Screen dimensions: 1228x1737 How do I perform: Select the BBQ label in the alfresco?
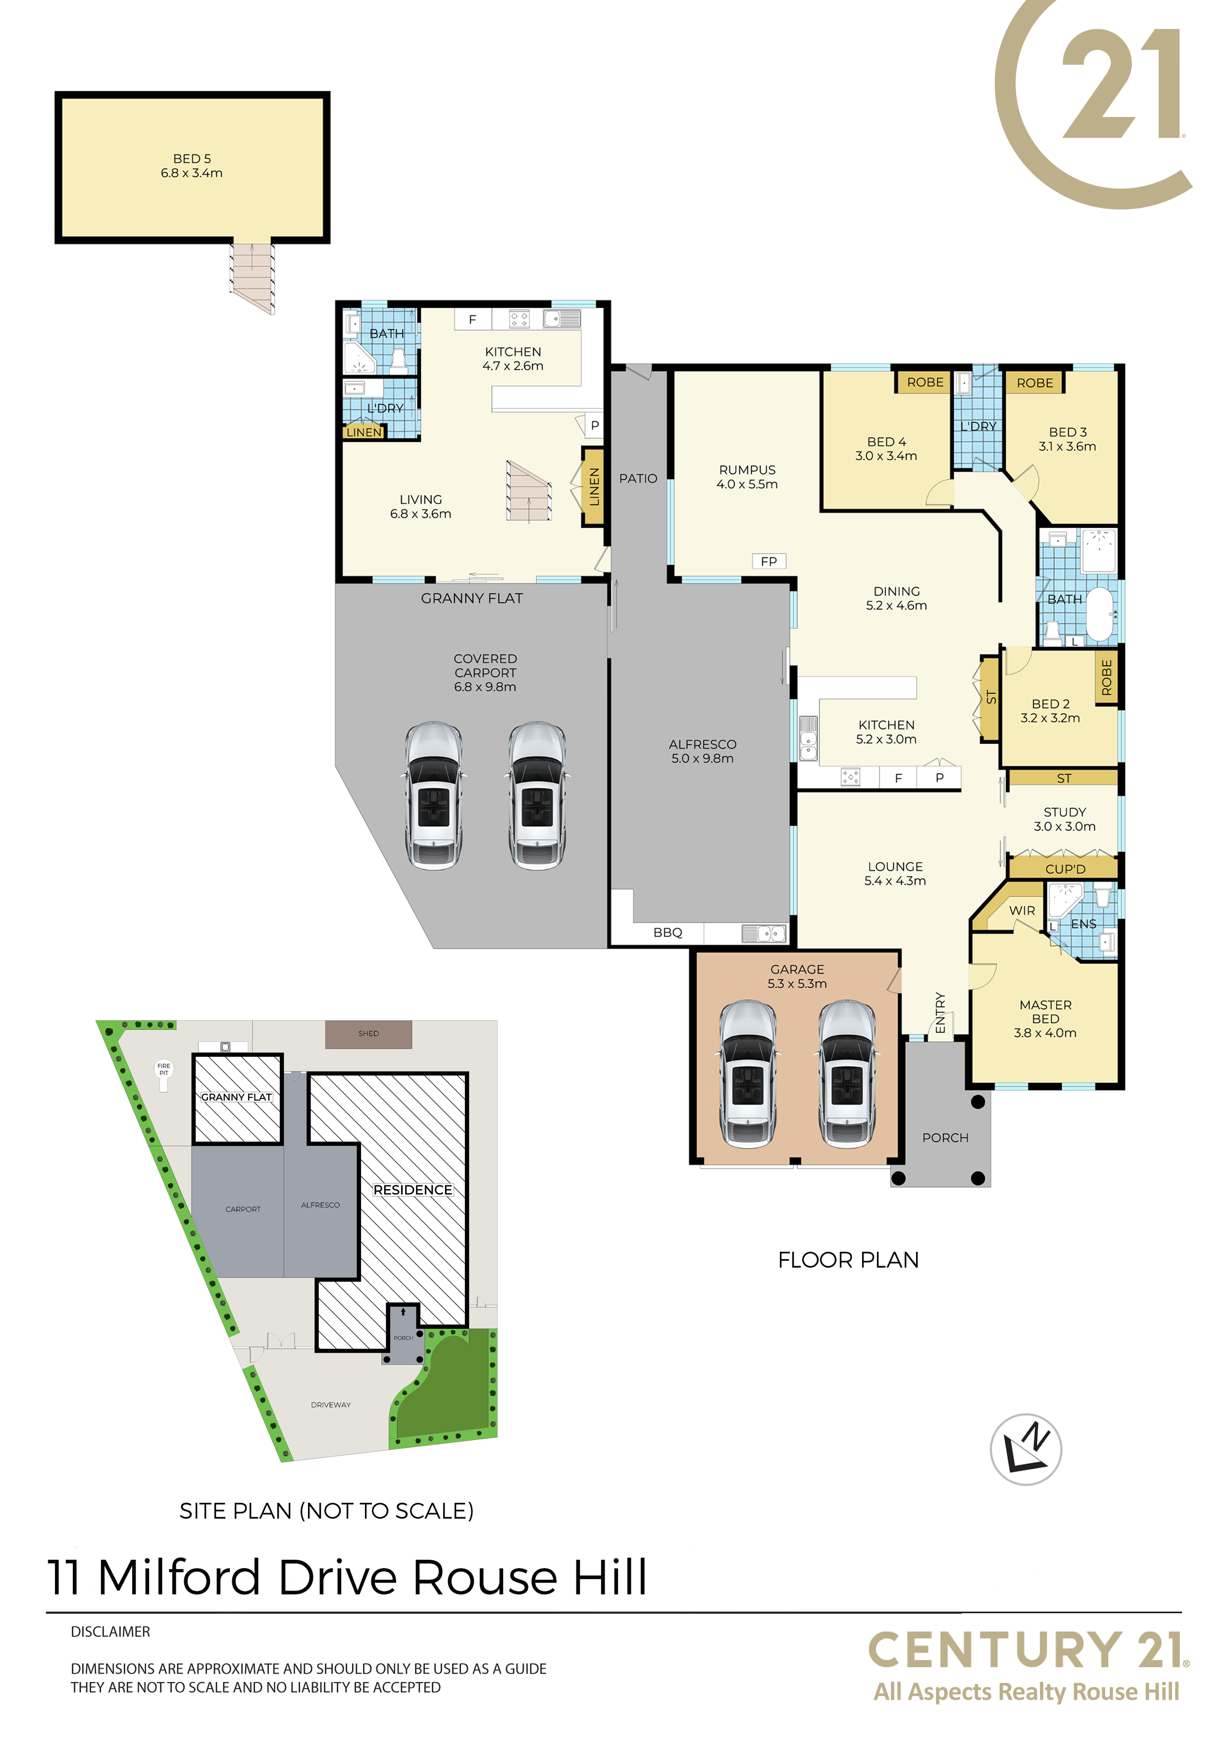pyautogui.click(x=667, y=933)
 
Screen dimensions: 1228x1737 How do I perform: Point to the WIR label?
pyautogui.click(x=1022, y=911)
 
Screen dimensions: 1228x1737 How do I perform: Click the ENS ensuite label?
pyautogui.click(x=1083, y=924)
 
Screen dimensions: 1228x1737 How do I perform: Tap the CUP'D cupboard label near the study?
pyautogui.click(x=1065, y=869)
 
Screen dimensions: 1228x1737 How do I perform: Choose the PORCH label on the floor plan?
pyautogui.click(x=945, y=1138)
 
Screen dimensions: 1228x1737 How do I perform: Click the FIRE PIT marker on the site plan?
pyautogui.click(x=163, y=1073)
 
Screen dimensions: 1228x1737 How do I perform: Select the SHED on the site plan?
pyautogui.click(x=368, y=1034)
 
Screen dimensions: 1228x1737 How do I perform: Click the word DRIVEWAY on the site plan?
pyautogui.click(x=331, y=1405)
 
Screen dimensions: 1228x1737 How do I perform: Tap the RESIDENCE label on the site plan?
pyautogui.click(x=412, y=1190)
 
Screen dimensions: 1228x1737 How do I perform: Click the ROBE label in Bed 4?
pyautogui.click(x=924, y=382)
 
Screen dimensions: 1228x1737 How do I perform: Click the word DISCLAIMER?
pyautogui.click(x=110, y=1632)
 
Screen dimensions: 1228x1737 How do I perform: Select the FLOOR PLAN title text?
pyautogui.click(x=848, y=1260)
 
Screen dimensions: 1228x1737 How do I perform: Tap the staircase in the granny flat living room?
pyautogui.click(x=529, y=491)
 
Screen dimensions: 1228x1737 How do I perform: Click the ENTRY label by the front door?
pyautogui.click(x=940, y=1012)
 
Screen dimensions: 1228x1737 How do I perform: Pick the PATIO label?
pyautogui.click(x=638, y=478)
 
